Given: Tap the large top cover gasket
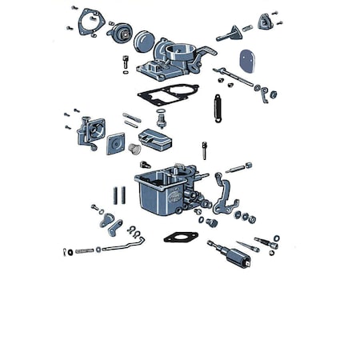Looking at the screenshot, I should pyautogui.click(x=167, y=95).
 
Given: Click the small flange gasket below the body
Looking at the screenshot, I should pyautogui.click(x=180, y=237).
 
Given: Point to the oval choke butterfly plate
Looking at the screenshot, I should pyautogui.click(x=248, y=59).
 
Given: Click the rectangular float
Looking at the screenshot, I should pyautogui.click(x=158, y=141).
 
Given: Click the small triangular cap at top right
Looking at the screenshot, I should pyautogui.click(x=266, y=22).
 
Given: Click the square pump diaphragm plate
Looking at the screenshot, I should pyautogui.click(x=116, y=143).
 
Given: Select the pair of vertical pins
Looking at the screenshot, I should pyautogui.click(x=120, y=194).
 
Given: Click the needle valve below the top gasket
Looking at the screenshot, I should pyautogui.click(x=161, y=121).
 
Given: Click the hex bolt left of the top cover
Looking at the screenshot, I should pyautogui.click(x=126, y=62).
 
